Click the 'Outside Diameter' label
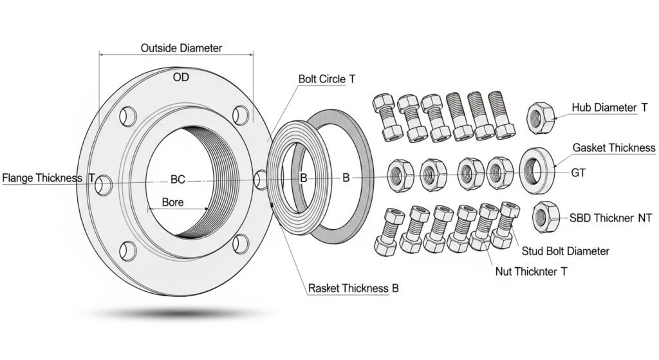pos(181,48)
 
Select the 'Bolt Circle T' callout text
pos(326,79)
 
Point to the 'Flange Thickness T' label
pos(49,178)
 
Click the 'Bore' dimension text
pos(172,202)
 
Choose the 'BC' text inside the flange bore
pos(178,180)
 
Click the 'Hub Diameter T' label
pos(609,108)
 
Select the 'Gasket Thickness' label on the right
pos(614,148)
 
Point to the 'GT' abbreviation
pos(579,173)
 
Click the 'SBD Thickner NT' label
pos(611,218)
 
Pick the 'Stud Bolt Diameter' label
pos(564,251)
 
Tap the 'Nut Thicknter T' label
pos(531,272)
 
